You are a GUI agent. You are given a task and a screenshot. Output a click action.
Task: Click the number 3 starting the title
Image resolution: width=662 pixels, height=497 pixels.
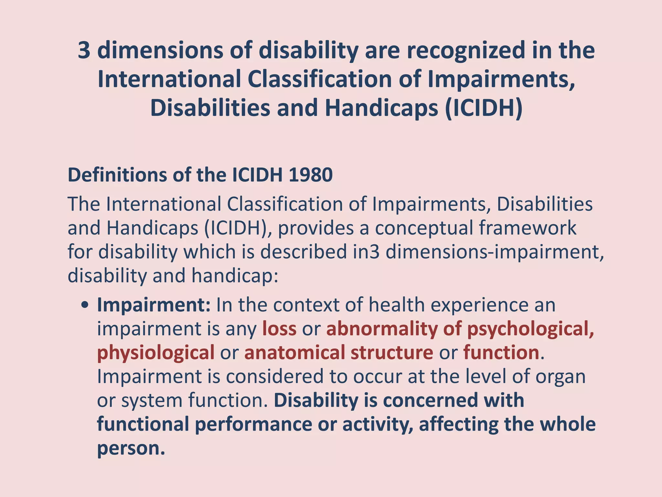[84, 51]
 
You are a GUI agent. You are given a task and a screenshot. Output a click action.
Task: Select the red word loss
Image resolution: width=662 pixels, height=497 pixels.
[279, 329]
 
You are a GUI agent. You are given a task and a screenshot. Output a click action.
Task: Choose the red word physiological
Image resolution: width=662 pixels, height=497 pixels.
[155, 353]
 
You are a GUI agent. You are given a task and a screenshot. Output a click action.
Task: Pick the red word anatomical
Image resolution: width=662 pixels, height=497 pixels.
[294, 353]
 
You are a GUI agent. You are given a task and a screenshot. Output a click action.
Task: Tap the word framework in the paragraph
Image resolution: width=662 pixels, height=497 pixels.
[528, 228]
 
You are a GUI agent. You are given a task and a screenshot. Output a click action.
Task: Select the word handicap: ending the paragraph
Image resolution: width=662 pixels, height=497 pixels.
[235, 276]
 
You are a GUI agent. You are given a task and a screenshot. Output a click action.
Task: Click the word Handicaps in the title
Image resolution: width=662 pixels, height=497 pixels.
[384, 108]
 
